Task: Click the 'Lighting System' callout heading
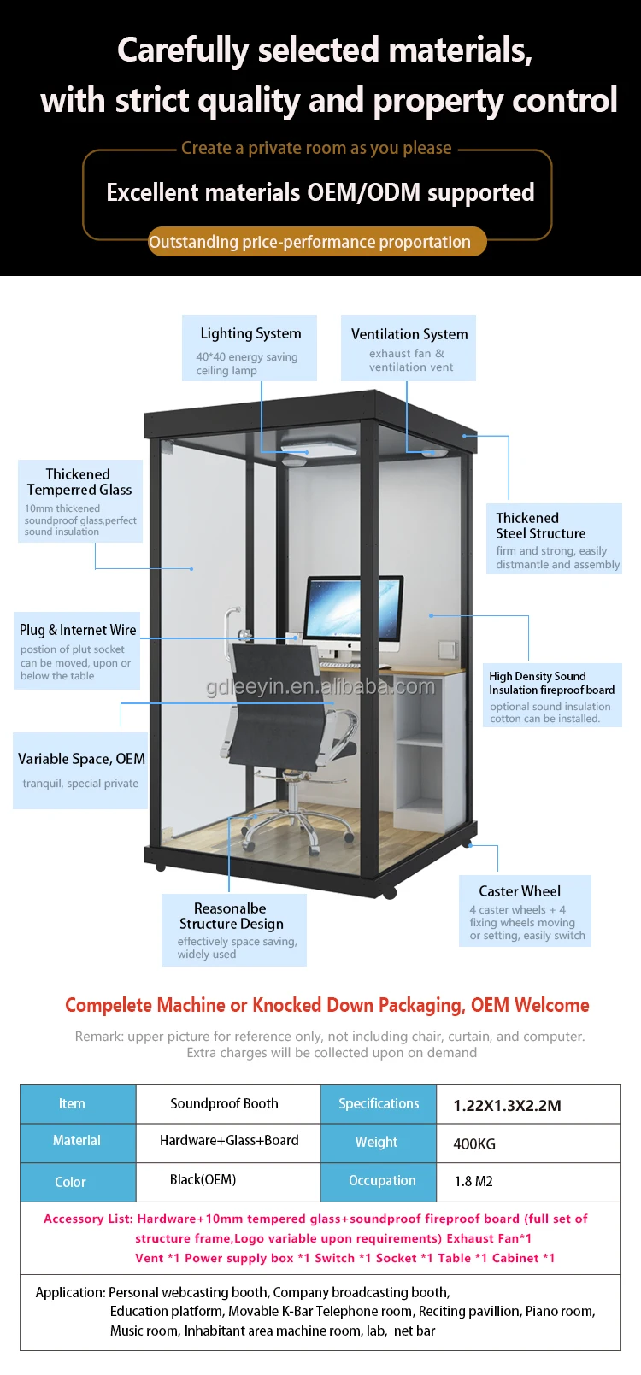(250, 333)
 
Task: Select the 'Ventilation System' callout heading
(409, 334)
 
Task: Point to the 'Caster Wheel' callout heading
(520, 891)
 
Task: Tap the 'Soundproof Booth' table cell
(224, 1103)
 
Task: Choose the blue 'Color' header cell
(70, 1182)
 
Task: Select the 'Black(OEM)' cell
(203, 1179)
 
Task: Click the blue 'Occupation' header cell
(382, 1180)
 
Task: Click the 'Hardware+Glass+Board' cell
(229, 1140)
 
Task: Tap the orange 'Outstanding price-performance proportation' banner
(309, 242)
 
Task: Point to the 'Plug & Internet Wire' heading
(78, 630)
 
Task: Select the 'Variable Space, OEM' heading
(81, 759)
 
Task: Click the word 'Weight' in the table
(376, 1142)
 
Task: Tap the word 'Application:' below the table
(70, 1292)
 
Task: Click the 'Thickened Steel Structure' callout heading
(540, 526)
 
